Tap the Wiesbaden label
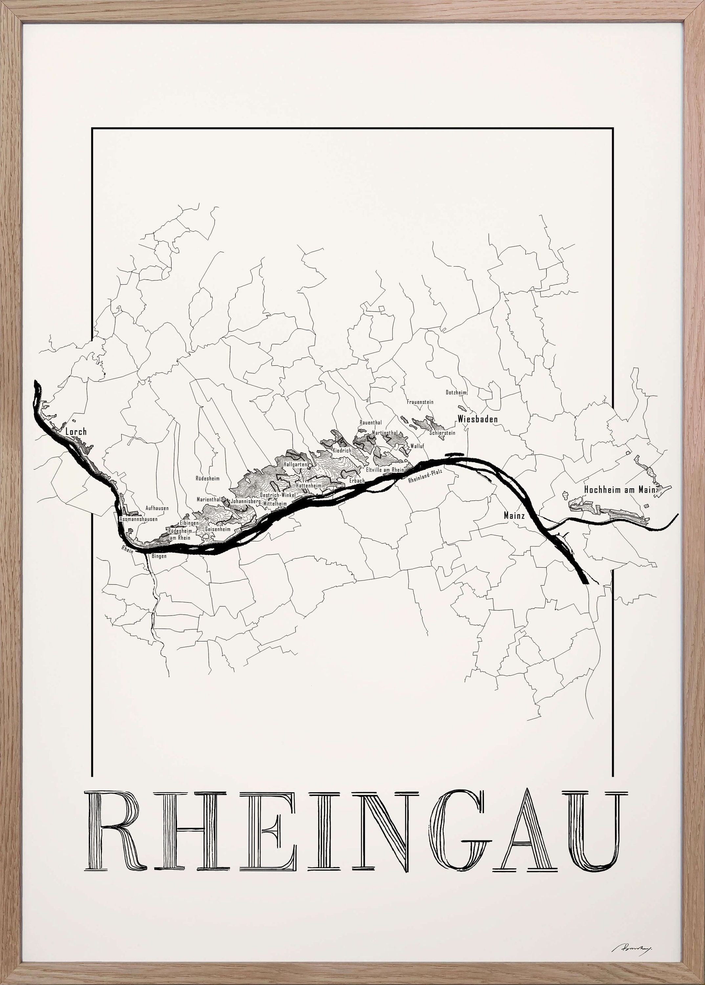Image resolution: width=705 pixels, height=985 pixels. pos(477,419)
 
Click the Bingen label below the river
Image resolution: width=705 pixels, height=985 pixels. pos(159,556)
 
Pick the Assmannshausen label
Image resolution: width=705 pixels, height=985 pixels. pos(139,519)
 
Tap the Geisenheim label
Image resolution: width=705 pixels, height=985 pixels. pos(217,530)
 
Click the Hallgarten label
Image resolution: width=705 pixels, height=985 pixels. pos(295,465)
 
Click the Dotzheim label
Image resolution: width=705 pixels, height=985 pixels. pos(456,392)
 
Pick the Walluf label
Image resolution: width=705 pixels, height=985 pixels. pos(417,446)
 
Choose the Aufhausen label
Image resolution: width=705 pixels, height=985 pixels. pos(157,508)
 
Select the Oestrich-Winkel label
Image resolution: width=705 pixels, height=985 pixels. pos(277,495)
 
